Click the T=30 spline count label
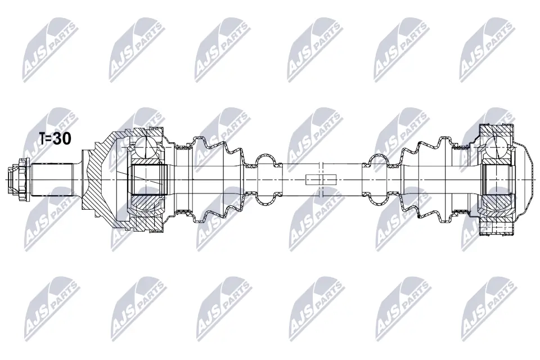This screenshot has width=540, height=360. point(54,139)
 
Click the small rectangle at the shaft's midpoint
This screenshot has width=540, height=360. point(321,179)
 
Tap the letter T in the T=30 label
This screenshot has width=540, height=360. point(42,139)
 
